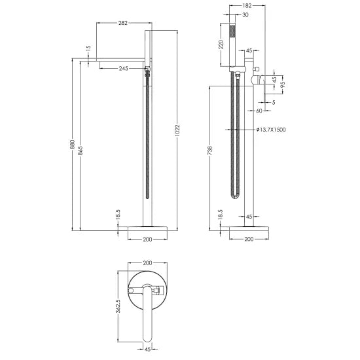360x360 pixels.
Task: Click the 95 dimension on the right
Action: click(282, 84)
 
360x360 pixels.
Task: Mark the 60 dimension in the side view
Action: click(259, 111)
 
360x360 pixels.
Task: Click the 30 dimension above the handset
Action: click(245, 14)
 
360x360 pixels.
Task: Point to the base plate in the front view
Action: click(147, 227)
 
